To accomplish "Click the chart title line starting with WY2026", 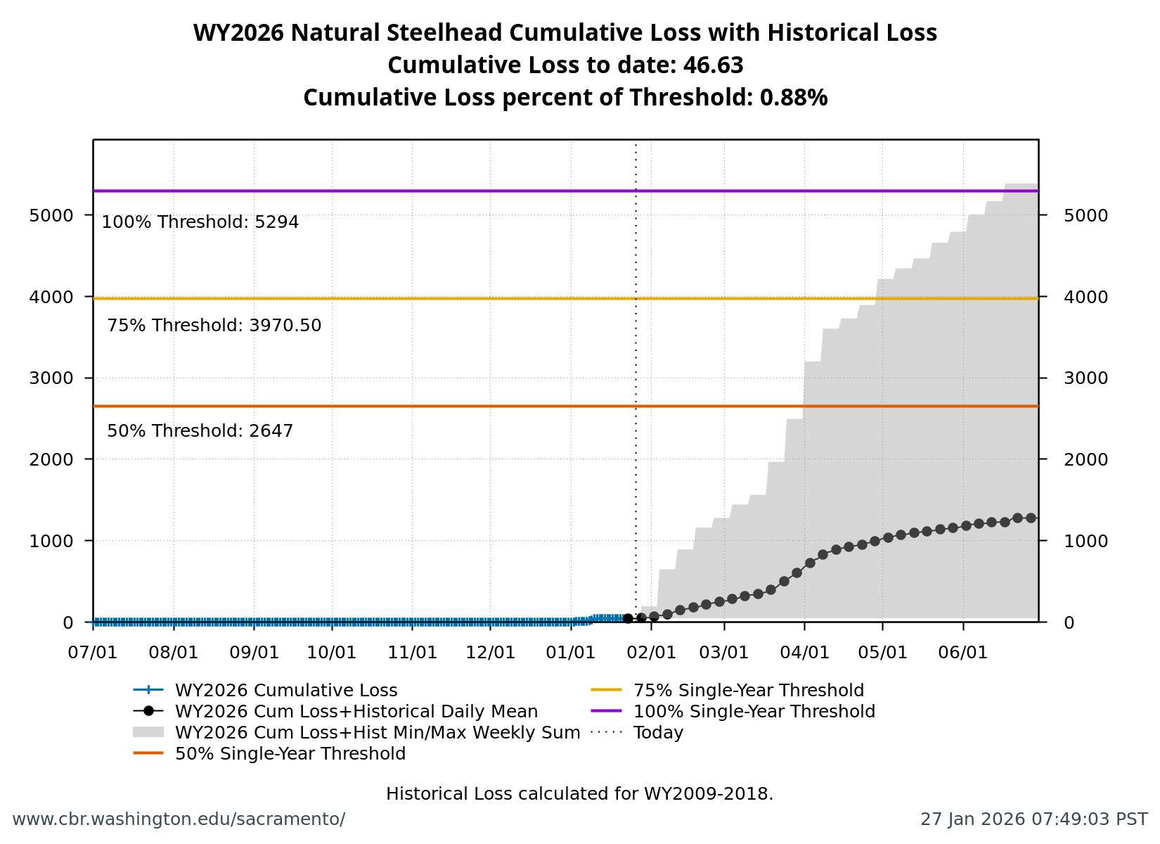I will tap(565, 33).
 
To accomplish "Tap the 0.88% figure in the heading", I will tap(793, 98).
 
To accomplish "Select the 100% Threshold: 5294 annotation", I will tap(200, 222).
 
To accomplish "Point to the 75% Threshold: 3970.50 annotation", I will tap(214, 326).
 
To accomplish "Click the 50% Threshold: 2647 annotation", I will tap(200, 431).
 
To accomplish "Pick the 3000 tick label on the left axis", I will tap(51, 378).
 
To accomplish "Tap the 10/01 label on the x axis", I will tap(332, 653).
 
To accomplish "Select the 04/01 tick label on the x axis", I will tap(804, 653).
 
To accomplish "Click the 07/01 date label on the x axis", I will tap(93, 653).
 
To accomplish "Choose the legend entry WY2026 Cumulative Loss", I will tap(285, 691).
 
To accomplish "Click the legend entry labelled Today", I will tap(658, 733).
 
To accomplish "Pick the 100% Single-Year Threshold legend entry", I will tap(754, 712).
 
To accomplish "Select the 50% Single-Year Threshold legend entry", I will tap(290, 754).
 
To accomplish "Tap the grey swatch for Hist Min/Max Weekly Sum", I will tap(148, 733).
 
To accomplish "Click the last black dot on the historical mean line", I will tap(1031, 518).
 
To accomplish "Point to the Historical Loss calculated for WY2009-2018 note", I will tap(579, 794).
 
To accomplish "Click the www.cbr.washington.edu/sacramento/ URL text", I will tap(179, 819).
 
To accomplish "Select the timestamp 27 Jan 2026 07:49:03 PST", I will tap(1033, 819).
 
